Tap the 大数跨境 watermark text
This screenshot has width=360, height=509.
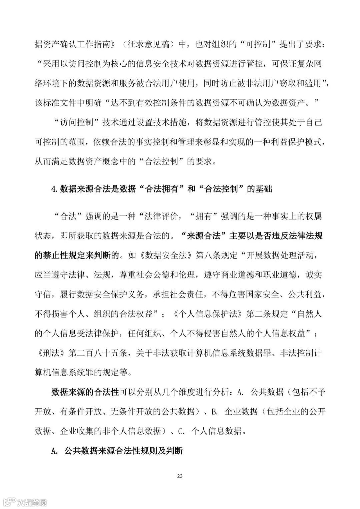(x=32, y=502)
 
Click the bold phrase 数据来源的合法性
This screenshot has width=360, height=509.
(x=85, y=392)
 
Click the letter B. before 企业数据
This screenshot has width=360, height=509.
(x=215, y=411)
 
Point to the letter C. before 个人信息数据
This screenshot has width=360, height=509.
(x=181, y=431)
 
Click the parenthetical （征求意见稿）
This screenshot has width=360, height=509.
(x=145, y=44)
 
